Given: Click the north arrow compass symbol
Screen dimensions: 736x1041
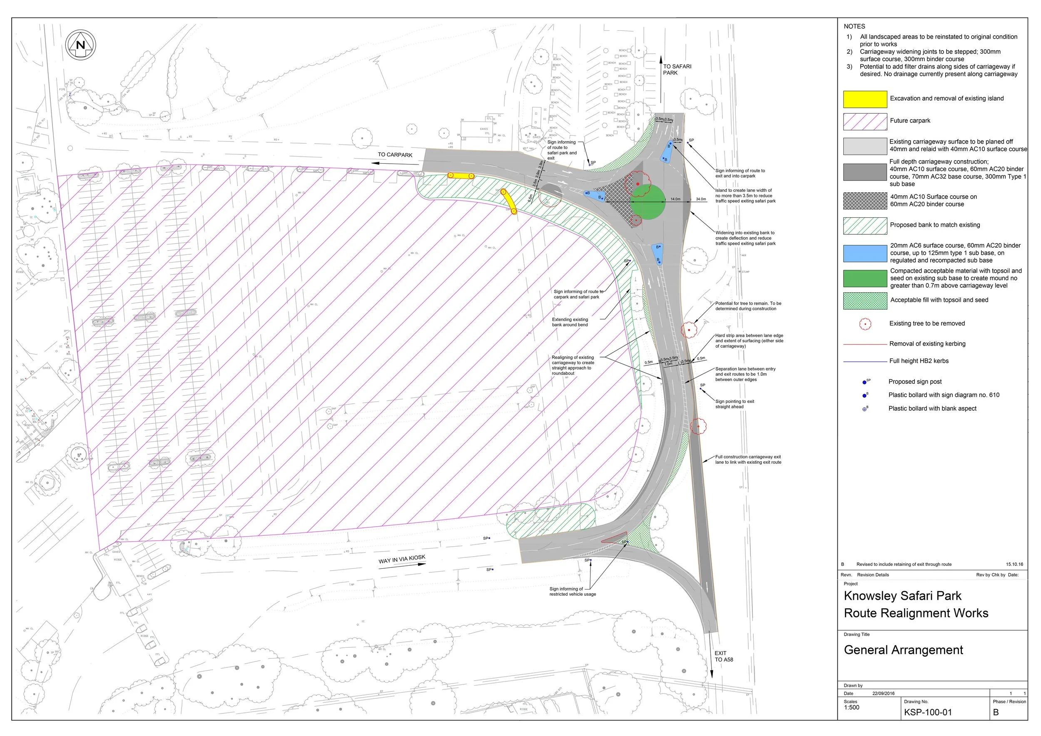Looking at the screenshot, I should pyautogui.click(x=81, y=45).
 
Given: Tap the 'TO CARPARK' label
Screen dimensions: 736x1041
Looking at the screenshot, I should pyautogui.click(x=395, y=155).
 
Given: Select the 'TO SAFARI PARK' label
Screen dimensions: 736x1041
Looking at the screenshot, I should pyautogui.click(x=677, y=70).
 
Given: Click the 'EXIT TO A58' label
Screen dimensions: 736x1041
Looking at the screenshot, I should pyautogui.click(x=724, y=656).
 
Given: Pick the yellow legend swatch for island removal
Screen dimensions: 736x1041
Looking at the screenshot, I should pyautogui.click(x=864, y=99).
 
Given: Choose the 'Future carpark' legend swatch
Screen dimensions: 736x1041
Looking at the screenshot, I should pyautogui.click(x=864, y=122).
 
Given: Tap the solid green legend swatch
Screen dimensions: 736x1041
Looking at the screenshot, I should pyautogui.click(x=864, y=278).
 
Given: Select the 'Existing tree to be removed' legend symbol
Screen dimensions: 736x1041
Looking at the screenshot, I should pyautogui.click(x=865, y=323).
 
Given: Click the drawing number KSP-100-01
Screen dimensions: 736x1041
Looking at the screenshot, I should pyautogui.click(x=928, y=712).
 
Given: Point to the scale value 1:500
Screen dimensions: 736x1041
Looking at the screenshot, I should pyautogui.click(x=852, y=707).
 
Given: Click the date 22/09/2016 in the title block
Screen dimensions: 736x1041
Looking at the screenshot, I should pyautogui.click(x=883, y=694).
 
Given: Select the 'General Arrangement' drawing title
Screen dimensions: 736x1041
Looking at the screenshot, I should pyautogui.click(x=903, y=650).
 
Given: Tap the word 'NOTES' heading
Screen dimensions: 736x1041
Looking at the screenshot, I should pyautogui.click(x=854, y=26).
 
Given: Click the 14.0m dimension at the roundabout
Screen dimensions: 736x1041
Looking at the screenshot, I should pyautogui.click(x=675, y=199).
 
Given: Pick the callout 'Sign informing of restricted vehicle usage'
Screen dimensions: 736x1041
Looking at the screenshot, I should pyautogui.click(x=572, y=592).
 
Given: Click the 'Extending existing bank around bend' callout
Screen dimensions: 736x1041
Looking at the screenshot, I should pyautogui.click(x=570, y=322).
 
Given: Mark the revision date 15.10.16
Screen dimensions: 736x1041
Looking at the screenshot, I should pyautogui.click(x=1014, y=564).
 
